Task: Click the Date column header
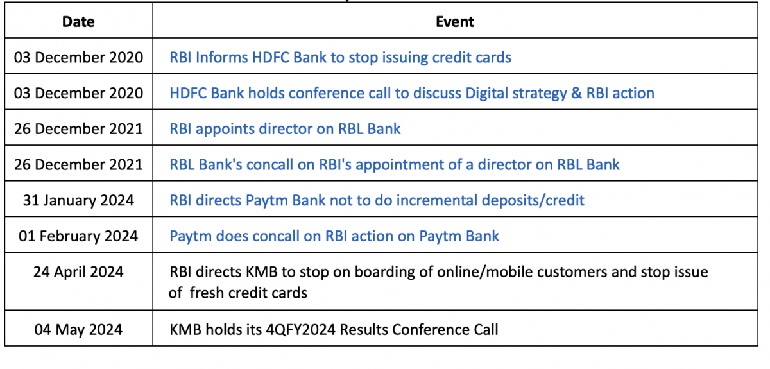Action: (78, 22)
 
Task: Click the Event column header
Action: (455, 22)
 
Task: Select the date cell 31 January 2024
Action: (78, 200)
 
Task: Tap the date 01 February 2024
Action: (78, 236)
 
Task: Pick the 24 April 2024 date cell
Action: (78, 271)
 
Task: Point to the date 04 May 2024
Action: (78, 329)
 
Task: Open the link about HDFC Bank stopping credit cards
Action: (340, 57)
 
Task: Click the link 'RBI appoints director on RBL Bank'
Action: (285, 129)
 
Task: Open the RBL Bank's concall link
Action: (394, 164)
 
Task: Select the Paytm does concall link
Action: (334, 236)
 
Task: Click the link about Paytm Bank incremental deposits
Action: (377, 200)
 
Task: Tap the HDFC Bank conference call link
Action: (412, 93)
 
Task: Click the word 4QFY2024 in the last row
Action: (301, 329)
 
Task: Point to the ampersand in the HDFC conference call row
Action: (576, 93)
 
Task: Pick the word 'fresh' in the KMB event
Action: (207, 293)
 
